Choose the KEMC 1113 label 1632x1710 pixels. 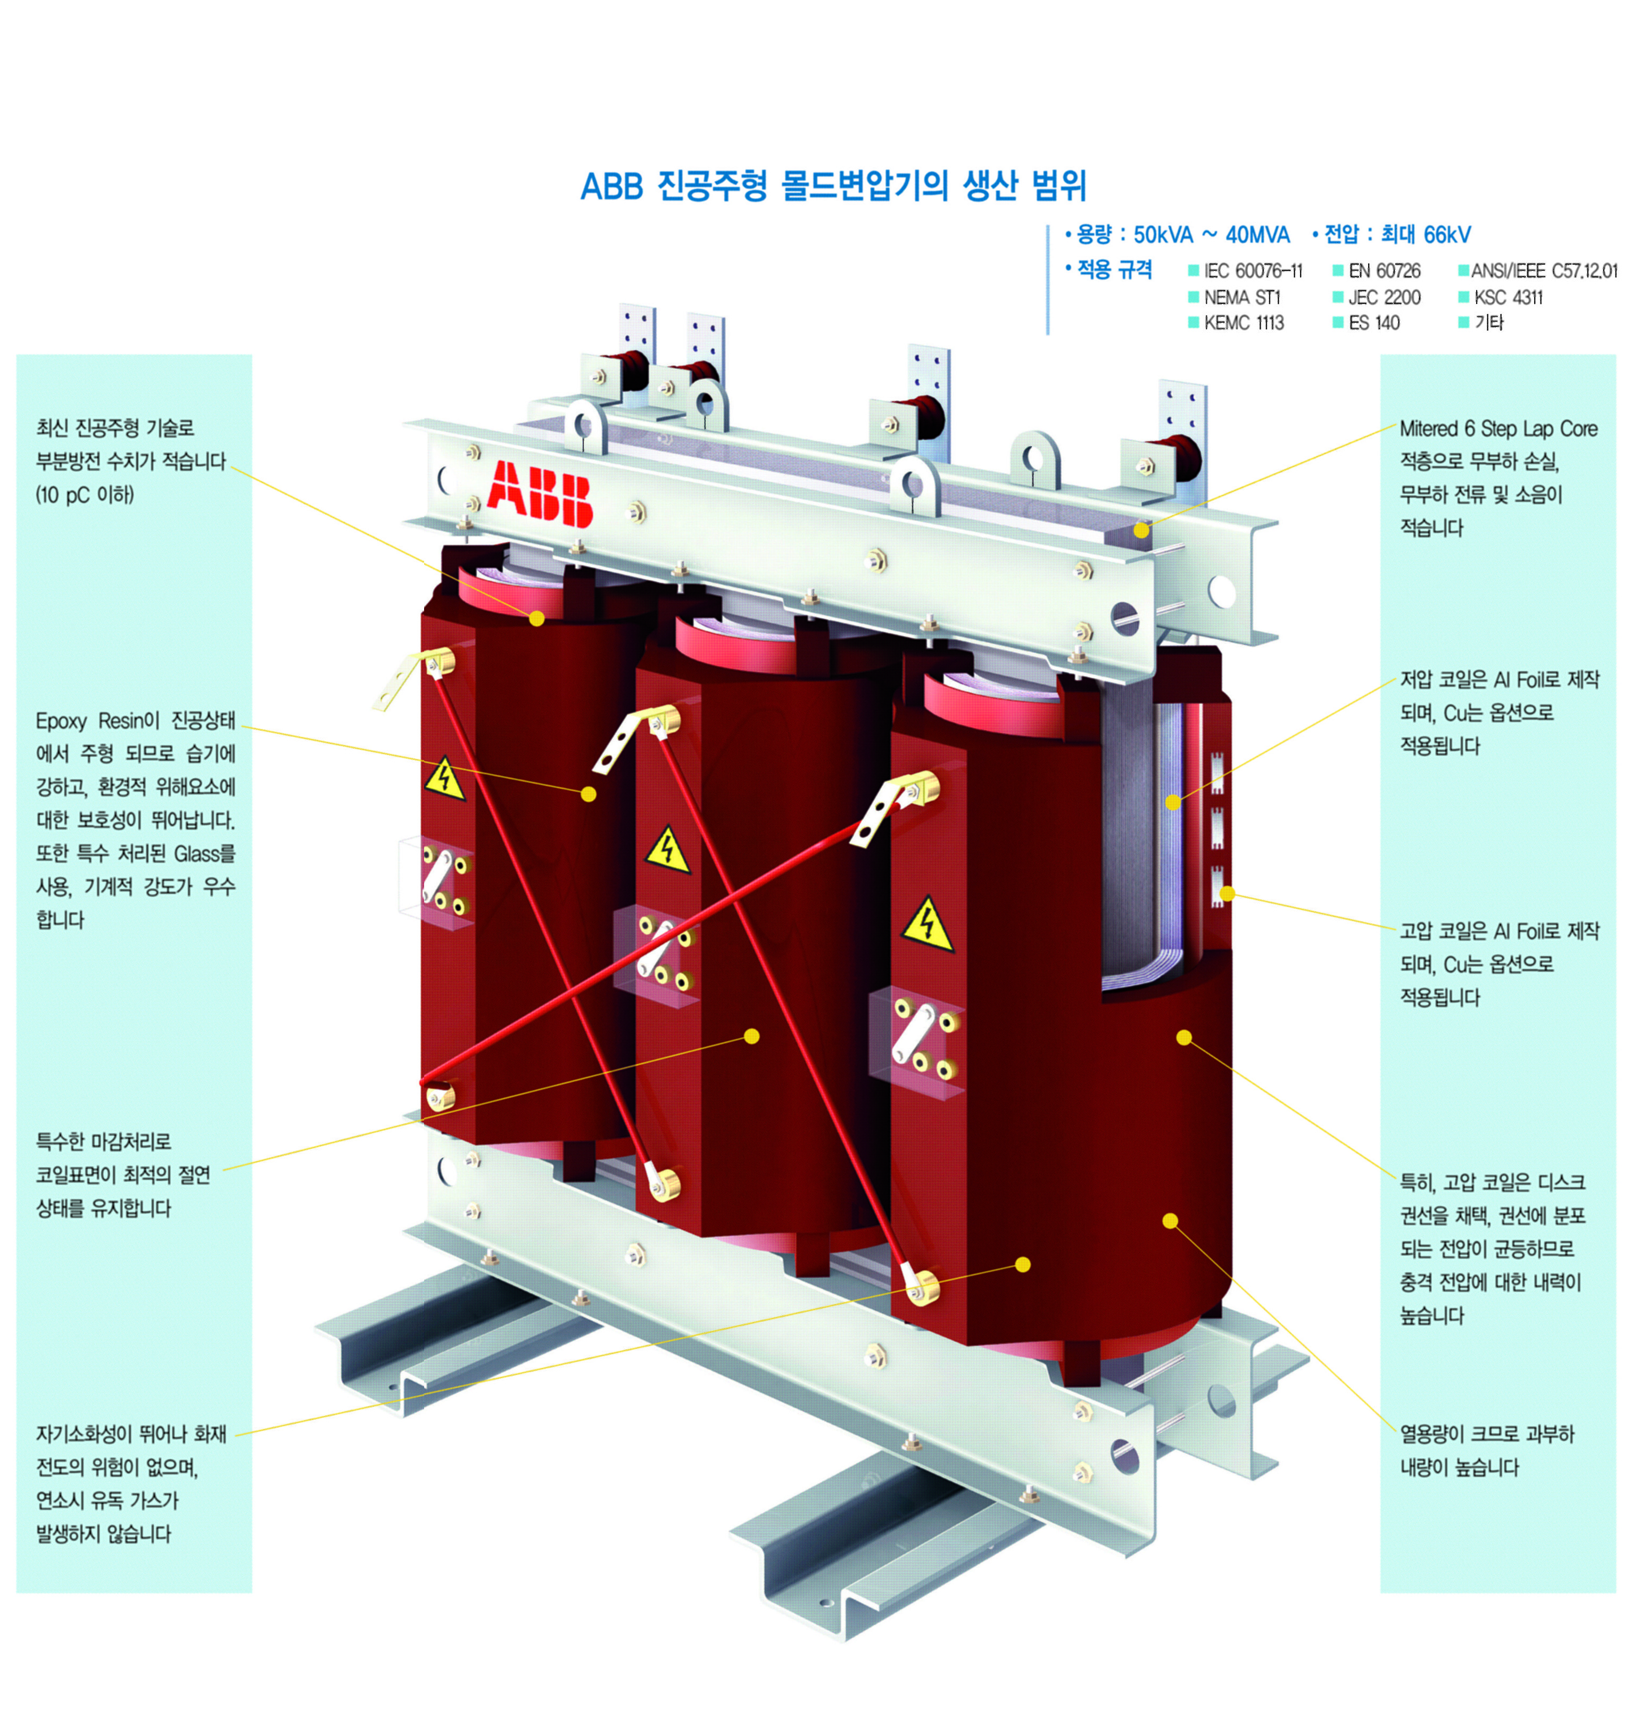point(1244,323)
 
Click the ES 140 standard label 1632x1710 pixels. point(1374,323)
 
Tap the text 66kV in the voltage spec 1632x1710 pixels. point(1447,235)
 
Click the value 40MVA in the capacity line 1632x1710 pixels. point(1257,235)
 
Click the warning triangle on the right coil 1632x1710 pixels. point(927,925)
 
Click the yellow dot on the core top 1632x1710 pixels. point(1141,530)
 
